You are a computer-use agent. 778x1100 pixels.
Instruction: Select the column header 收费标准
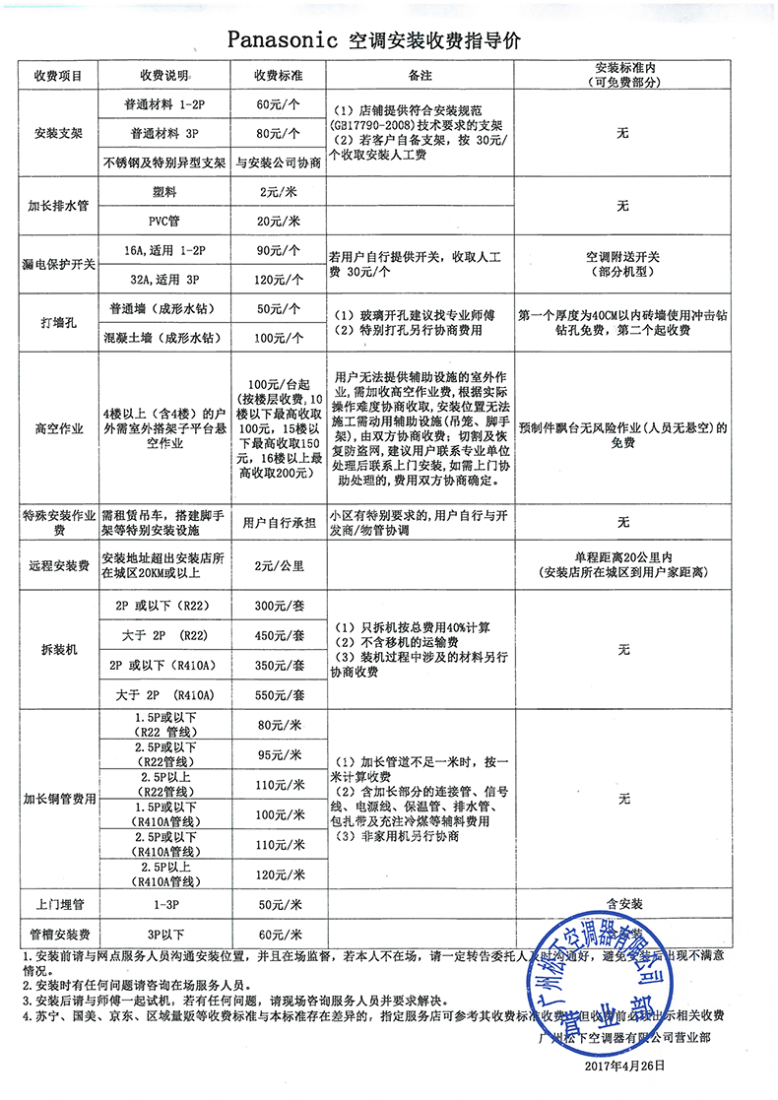click(278, 77)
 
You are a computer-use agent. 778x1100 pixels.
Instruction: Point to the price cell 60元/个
click(278, 104)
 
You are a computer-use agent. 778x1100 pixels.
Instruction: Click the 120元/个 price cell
click(278, 280)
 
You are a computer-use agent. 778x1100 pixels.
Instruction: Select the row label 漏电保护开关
click(59, 265)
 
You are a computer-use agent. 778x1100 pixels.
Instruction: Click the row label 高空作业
click(59, 429)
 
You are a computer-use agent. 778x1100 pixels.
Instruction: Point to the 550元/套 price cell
click(278, 695)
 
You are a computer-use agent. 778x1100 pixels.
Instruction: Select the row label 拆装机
click(59, 650)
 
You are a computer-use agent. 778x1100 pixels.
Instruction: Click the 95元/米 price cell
click(278, 756)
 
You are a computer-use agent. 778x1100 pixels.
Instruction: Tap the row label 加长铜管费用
click(59, 799)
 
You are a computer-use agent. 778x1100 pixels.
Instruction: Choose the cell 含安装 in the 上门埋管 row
click(622, 902)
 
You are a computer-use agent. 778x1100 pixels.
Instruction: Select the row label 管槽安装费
click(59, 933)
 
